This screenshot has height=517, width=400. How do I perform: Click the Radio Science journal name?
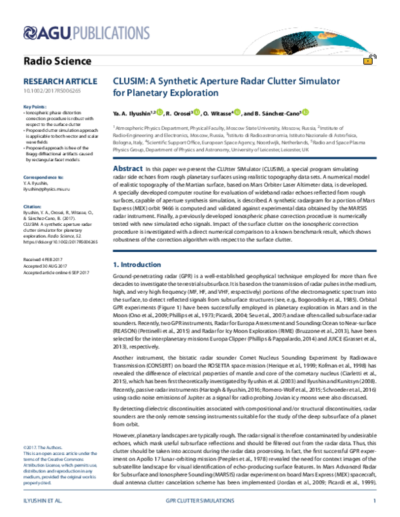point(57,61)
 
